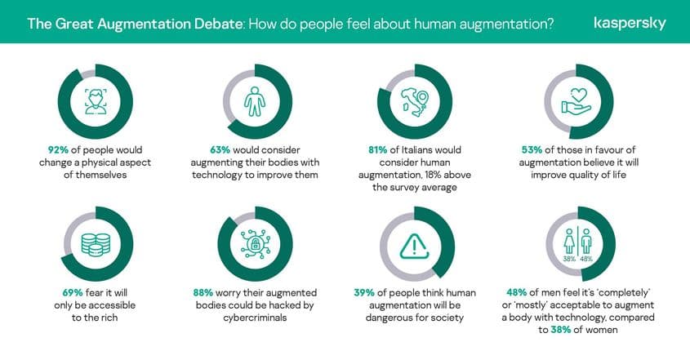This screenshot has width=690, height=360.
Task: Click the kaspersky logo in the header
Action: pos(630,23)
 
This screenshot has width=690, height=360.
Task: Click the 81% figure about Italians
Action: pos(381,150)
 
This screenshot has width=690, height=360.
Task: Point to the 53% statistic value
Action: pos(533,150)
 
